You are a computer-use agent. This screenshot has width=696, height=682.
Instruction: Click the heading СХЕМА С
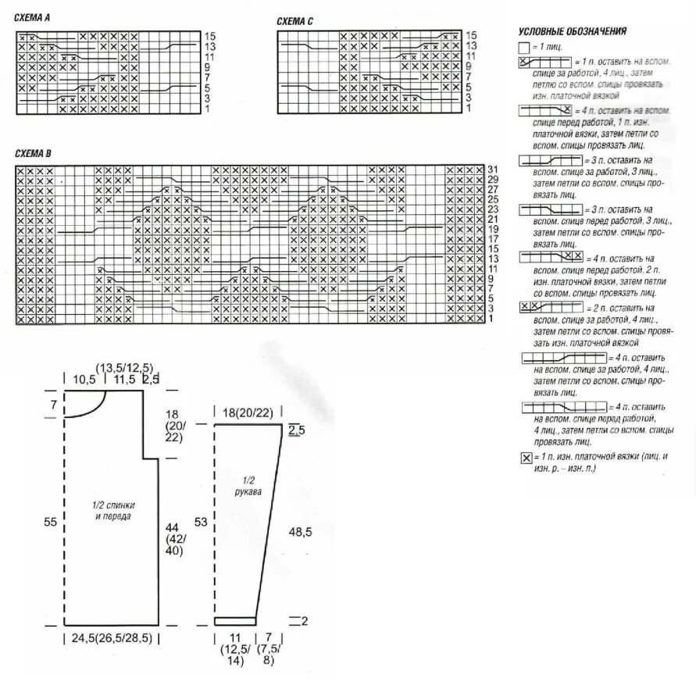click(x=294, y=20)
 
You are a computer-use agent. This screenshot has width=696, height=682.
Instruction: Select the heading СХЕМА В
click(x=33, y=153)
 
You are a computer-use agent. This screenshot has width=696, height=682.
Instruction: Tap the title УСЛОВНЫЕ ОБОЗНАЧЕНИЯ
click(x=573, y=32)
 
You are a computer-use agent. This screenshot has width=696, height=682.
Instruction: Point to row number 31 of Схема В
click(x=492, y=170)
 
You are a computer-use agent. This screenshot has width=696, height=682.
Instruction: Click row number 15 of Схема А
click(x=209, y=37)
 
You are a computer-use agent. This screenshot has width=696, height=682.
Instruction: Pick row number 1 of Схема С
click(x=468, y=109)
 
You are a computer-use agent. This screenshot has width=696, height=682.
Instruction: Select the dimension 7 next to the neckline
click(x=53, y=405)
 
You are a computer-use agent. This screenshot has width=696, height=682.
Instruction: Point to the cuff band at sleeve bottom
click(x=235, y=621)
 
